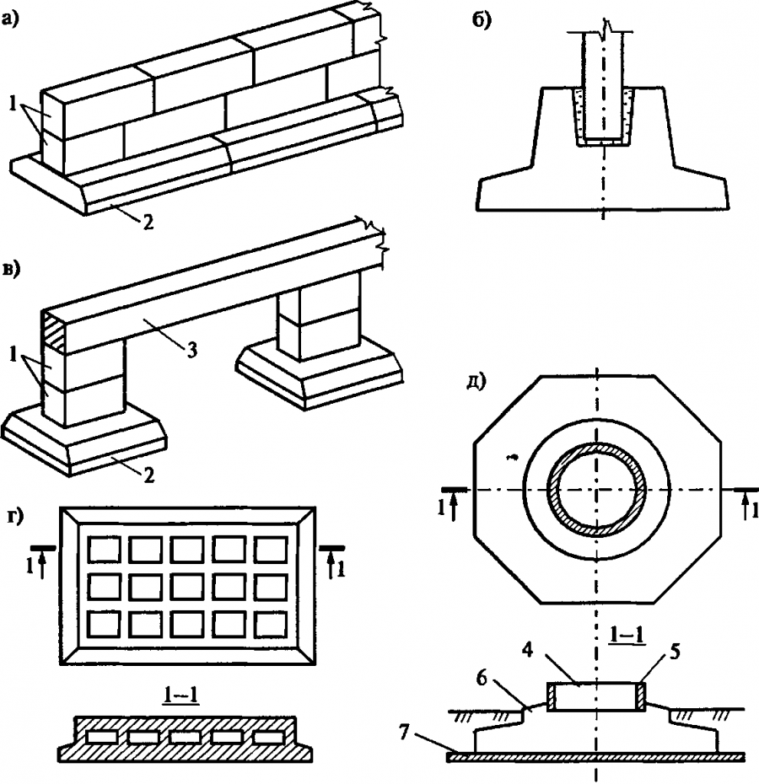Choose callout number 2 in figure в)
(x=148, y=475)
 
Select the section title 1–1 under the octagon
(x=627, y=632)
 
